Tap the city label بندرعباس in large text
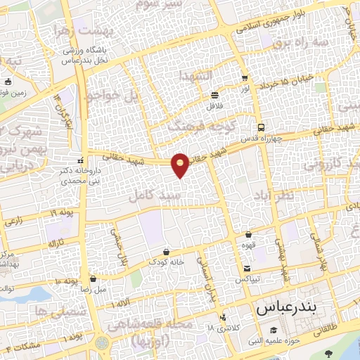pos(287,309)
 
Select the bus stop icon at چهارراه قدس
pos(261,128)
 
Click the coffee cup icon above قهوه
pos(249,235)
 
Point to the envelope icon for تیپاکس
pos(247,269)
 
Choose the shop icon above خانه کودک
pos(166,252)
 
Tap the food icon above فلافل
pos(214,95)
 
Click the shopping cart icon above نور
pos(244,78)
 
